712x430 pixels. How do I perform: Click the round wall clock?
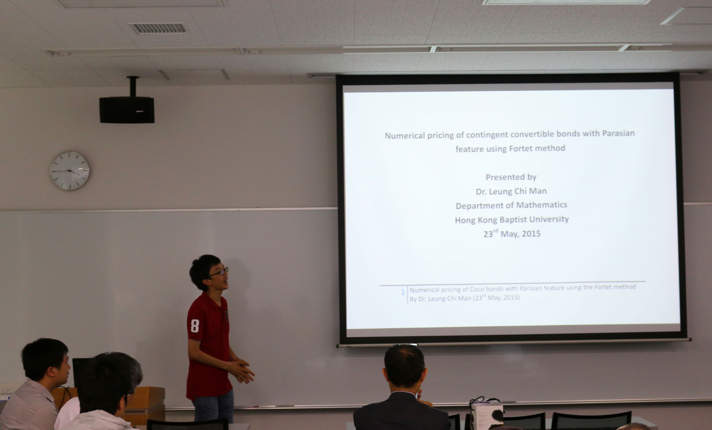click(70, 171)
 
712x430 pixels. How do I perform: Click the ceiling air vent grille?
click(158, 28)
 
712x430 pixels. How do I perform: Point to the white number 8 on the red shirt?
click(195, 326)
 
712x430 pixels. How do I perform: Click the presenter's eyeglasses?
click(220, 271)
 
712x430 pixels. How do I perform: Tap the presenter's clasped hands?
click(241, 371)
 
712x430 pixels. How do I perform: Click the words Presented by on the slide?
click(511, 177)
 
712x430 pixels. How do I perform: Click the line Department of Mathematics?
click(511, 205)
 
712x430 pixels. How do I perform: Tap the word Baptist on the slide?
click(515, 220)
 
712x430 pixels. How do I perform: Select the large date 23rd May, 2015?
click(512, 233)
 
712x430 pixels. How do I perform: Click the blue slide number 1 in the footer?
click(403, 292)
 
